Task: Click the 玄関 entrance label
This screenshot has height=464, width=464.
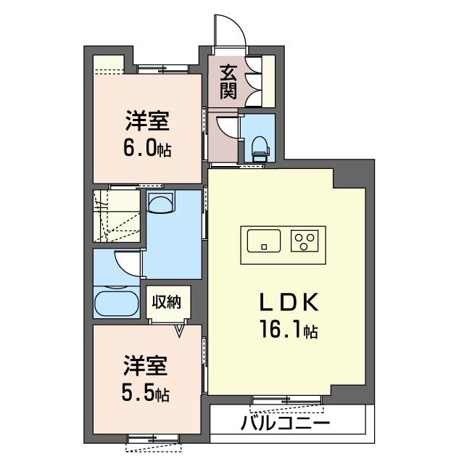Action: [x=228, y=82]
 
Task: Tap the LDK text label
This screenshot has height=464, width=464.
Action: [x=289, y=302]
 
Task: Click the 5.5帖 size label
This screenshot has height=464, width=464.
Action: [x=146, y=393]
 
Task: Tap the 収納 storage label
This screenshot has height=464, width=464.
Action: [x=167, y=302]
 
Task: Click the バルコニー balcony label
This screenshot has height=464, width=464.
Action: [x=285, y=423]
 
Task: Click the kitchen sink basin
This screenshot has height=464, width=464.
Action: [x=264, y=241]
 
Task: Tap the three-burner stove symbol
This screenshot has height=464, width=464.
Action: [x=304, y=241]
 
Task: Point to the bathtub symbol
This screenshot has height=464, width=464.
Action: [x=117, y=303]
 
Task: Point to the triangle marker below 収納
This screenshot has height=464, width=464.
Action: [x=179, y=331]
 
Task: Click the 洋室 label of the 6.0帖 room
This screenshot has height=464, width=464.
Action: [x=147, y=121]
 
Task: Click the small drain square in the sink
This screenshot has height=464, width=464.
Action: [x=264, y=246]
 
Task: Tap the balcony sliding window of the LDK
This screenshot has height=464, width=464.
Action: [x=286, y=400]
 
